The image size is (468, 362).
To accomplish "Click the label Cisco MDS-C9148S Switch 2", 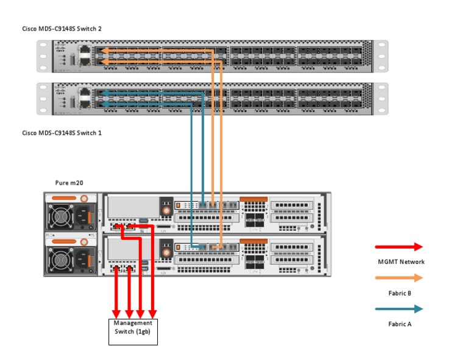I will point(61,29).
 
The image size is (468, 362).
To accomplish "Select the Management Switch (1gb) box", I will point(133,332).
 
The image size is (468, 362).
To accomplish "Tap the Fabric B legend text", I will point(400,293).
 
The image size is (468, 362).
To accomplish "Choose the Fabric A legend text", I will point(400,324).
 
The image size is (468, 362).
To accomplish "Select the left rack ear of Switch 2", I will point(42,56).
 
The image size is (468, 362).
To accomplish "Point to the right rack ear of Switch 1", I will point(382,98).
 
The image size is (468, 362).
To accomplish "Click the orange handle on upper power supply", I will point(65,199).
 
